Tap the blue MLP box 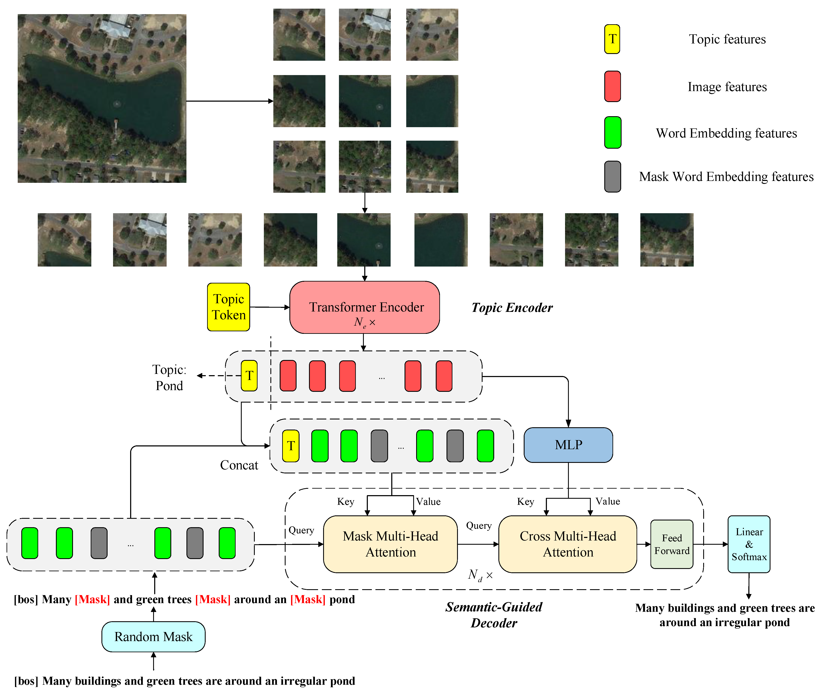coord(568,445)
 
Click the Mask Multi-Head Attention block coord(390,544)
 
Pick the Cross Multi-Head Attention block coord(567,544)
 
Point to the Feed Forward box coord(672,544)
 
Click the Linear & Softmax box coord(749,544)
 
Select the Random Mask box coord(153,637)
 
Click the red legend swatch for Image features coord(612,86)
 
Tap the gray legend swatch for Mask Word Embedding coord(612,177)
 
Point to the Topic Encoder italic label coord(512,308)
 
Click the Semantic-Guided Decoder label coord(494,615)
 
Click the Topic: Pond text coord(169,378)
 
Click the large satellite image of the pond coord(102,98)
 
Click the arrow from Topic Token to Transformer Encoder coord(270,307)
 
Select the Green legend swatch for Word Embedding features coord(612,133)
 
